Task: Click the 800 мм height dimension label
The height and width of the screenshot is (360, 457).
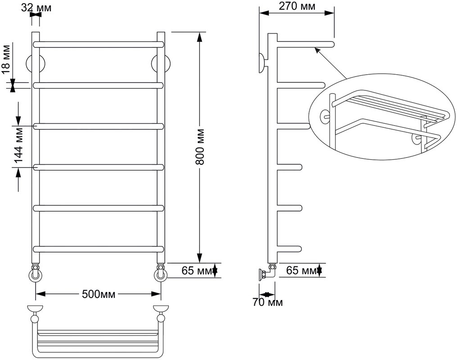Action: pyautogui.click(x=200, y=147)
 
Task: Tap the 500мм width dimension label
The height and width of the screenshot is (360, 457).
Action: pyautogui.click(x=99, y=294)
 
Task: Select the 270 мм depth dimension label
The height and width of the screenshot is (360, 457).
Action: pyautogui.click(x=297, y=6)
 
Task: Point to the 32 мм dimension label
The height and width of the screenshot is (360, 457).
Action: pyautogui.click(x=36, y=8)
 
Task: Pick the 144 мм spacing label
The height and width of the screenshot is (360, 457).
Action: pyautogui.click(x=18, y=147)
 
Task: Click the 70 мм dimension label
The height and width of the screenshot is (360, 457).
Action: pyautogui.click(x=267, y=302)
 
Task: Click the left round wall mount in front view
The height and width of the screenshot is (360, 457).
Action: pyautogui.click(x=36, y=63)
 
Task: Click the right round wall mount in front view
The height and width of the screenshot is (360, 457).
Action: pyautogui.click(x=161, y=63)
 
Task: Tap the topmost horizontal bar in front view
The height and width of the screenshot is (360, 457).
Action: pyautogui.click(x=99, y=44)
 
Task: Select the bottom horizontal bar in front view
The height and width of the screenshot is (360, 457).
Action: pyautogui.click(x=99, y=249)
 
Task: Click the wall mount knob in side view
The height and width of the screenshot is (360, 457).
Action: pyautogui.click(x=262, y=63)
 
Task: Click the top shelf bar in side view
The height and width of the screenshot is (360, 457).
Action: pyautogui.click(x=305, y=44)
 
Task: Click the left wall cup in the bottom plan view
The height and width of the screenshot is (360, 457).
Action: pyautogui.click(x=35, y=308)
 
